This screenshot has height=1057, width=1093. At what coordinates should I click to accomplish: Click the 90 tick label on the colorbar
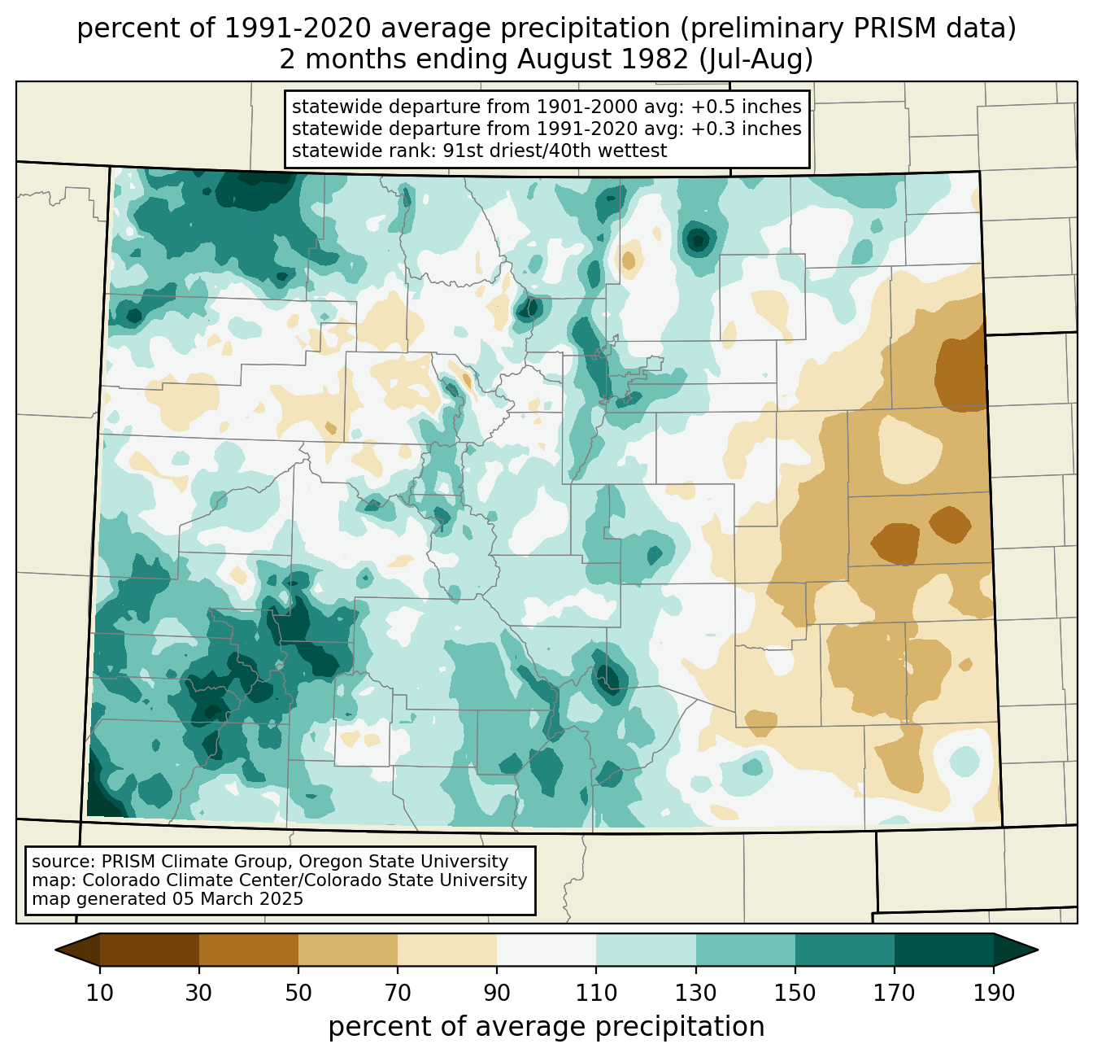497,994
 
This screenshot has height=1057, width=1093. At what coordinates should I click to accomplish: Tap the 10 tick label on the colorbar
100,994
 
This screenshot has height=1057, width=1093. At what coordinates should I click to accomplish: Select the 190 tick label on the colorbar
993,994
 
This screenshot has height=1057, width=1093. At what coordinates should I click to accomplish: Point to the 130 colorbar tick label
696,994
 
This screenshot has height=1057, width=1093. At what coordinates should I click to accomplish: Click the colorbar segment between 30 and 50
249,950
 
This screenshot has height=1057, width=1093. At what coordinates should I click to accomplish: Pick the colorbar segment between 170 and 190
943,950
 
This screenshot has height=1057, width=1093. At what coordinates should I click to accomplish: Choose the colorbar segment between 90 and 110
546,950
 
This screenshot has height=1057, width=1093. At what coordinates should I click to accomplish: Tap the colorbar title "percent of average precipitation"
546,1027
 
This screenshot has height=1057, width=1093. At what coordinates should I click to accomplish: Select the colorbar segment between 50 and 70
348,950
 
